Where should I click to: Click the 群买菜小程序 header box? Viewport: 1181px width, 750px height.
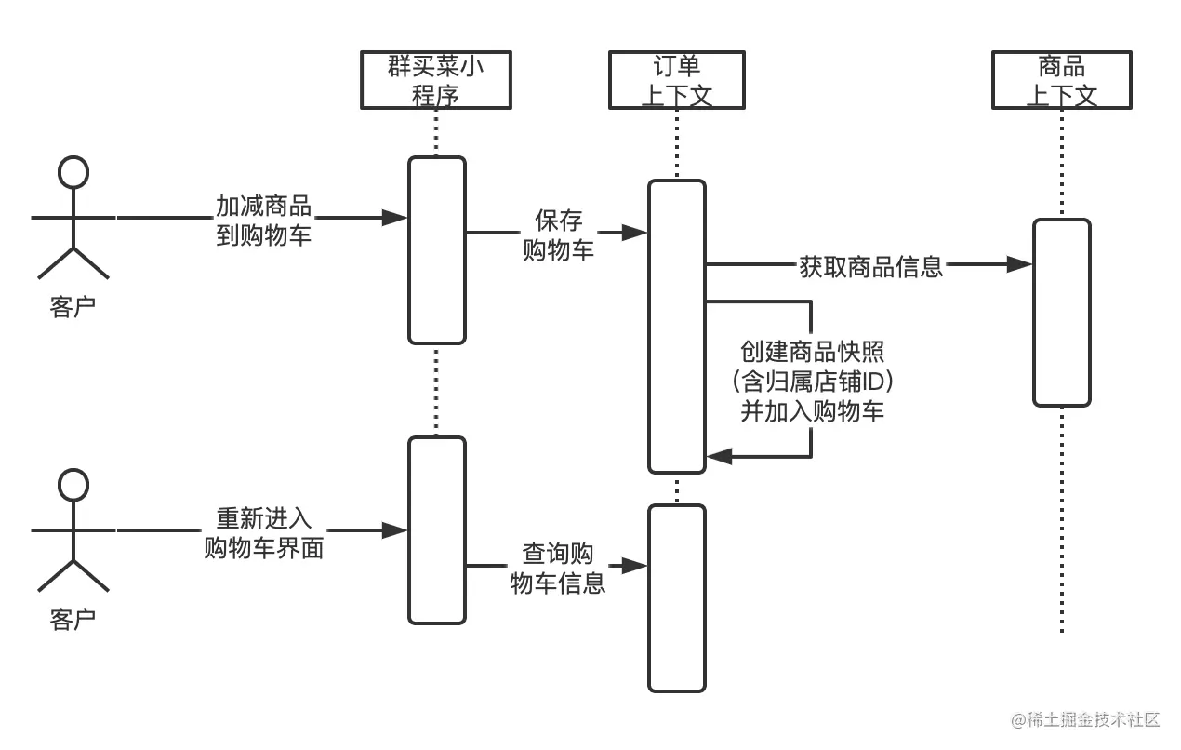pyautogui.click(x=435, y=80)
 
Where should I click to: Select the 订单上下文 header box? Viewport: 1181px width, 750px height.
pyautogui.click(x=677, y=80)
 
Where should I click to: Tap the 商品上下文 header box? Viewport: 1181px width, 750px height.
pyautogui.click(x=1061, y=80)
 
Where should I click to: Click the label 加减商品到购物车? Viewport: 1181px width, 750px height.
pyautogui.click(x=263, y=220)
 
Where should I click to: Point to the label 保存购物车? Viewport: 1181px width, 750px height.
pyautogui.click(x=558, y=234)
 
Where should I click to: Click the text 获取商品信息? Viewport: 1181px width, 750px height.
pyautogui.click(x=871, y=266)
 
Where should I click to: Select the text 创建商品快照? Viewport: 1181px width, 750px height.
pyautogui.click(x=812, y=352)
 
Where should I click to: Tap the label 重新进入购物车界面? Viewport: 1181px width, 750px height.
pyautogui.click(x=263, y=532)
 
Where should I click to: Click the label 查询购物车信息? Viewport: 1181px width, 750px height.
pyautogui.click(x=558, y=568)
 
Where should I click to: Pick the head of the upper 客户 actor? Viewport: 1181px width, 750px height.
pyautogui.click(x=73, y=172)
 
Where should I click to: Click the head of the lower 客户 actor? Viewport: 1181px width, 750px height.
pyautogui.click(x=73, y=484)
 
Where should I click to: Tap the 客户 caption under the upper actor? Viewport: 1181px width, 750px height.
pyautogui.click(x=73, y=307)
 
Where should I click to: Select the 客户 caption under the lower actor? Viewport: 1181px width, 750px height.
pyautogui.click(x=73, y=619)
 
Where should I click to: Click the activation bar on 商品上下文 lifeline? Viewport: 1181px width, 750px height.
pyautogui.click(x=1061, y=313)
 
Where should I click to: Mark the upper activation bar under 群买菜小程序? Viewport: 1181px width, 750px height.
pyautogui.click(x=436, y=249)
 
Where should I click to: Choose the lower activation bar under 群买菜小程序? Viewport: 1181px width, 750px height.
pyautogui.click(x=436, y=530)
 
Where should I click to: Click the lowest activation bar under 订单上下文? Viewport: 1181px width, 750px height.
pyautogui.click(x=677, y=597)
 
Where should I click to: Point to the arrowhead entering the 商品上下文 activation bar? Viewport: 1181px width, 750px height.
pyautogui.click(x=1021, y=265)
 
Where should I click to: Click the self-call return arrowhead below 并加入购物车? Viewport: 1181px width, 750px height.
pyautogui.click(x=719, y=456)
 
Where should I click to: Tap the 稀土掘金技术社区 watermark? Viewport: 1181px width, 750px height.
pyautogui.click(x=1083, y=719)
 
